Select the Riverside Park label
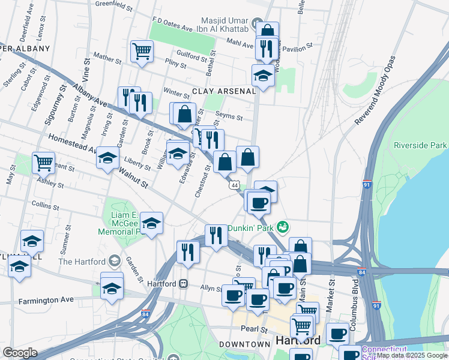pyautogui.click(x=420, y=145)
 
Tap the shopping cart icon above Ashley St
pyautogui.click(x=43, y=161)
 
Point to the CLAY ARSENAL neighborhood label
pyautogui.click(x=224, y=91)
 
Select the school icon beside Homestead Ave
pyautogui.click(x=107, y=157)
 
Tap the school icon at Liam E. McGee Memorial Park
pyautogui.click(x=152, y=223)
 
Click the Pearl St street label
pyautogui.click(x=255, y=329)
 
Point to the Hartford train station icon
pyautogui.click(x=184, y=283)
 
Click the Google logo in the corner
pyautogui.click(x=20, y=352)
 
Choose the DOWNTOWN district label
pyautogui.click(x=244, y=344)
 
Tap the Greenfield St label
pyautogui.click(x=114, y=5)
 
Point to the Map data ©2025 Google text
pyautogui.click(x=412, y=355)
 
